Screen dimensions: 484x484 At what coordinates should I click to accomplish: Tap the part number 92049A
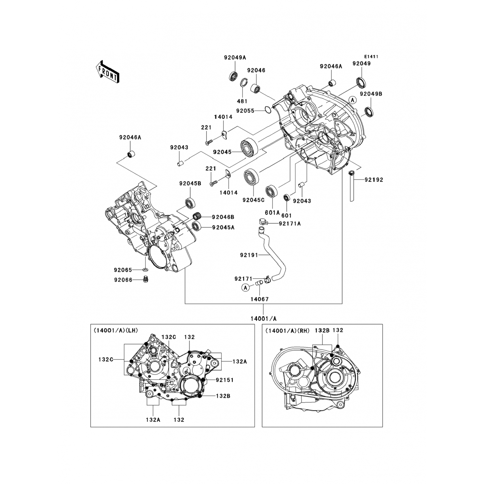coord(235,58)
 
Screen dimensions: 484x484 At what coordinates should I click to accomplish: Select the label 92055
coord(246,111)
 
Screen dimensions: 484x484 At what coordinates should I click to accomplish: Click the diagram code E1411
coord(372,57)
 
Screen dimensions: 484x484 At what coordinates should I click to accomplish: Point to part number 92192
coord(374,180)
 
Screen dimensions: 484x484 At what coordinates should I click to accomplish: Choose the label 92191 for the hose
coord(249,255)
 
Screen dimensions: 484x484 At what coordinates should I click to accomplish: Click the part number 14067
coord(260,299)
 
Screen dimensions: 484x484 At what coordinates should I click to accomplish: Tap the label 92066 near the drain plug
coord(123,280)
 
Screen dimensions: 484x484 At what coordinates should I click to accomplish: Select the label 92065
coord(123,269)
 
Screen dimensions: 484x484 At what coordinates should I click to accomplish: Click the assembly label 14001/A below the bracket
coord(264,318)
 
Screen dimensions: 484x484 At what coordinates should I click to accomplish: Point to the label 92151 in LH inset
coord(225,380)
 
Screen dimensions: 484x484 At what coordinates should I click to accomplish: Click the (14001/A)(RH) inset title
coord(287,330)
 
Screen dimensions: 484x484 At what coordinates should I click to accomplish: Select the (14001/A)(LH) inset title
coord(116,330)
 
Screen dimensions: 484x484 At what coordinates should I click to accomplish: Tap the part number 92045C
coord(253,200)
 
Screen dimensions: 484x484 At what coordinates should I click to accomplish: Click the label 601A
coord(272,213)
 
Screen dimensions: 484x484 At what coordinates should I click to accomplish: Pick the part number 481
coord(244,101)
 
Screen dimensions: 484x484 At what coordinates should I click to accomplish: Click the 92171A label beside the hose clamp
coord(290,223)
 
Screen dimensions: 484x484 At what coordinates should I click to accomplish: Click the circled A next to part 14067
coord(245,287)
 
